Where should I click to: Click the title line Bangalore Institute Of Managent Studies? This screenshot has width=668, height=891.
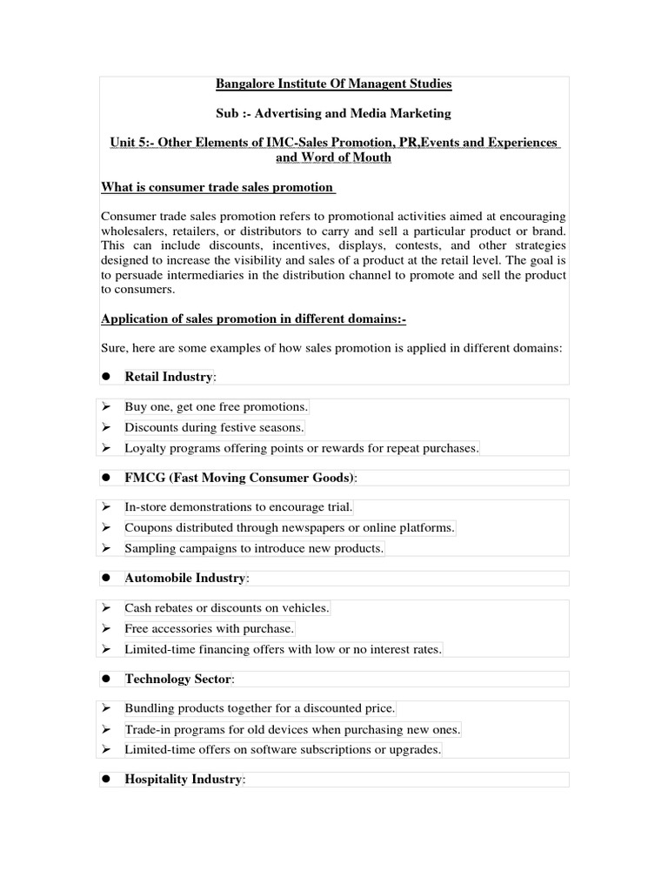(334, 84)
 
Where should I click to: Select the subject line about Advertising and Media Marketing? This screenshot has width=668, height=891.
(334, 114)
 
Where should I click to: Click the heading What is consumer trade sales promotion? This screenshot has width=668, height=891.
(218, 187)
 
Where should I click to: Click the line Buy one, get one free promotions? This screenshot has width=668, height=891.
(216, 407)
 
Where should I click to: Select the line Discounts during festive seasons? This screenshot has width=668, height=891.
(214, 427)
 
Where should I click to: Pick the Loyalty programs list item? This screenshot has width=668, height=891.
(301, 448)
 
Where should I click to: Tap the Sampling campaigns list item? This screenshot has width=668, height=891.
(253, 548)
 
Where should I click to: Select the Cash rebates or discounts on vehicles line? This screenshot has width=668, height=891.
(227, 608)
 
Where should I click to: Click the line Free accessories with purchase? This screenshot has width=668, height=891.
(209, 628)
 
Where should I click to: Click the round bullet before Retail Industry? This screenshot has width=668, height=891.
(107, 377)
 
